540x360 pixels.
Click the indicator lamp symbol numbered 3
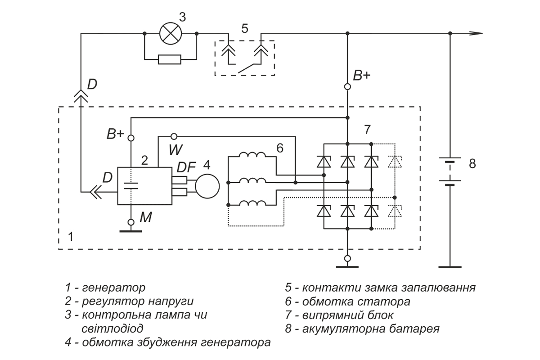[x=171, y=33]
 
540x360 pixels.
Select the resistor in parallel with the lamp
[x=170, y=59]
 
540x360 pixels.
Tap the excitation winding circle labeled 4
[x=207, y=186]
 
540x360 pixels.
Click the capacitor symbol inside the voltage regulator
[x=130, y=186]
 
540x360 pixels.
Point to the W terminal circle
[x=174, y=137]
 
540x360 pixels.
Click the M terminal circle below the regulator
[x=131, y=222]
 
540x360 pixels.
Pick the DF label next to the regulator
[x=186, y=167]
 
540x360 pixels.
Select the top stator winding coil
[x=252, y=154]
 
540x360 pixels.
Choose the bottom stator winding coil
[x=252, y=203]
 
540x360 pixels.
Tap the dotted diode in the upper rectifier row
[x=395, y=162]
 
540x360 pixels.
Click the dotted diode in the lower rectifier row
[x=395, y=211]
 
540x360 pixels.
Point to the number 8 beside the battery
[x=472, y=164]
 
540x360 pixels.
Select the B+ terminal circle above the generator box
[x=347, y=86]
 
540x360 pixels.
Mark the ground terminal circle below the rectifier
[x=347, y=258]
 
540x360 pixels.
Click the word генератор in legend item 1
[x=113, y=288]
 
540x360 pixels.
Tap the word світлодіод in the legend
[x=112, y=328]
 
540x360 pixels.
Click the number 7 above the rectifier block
[x=367, y=130]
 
